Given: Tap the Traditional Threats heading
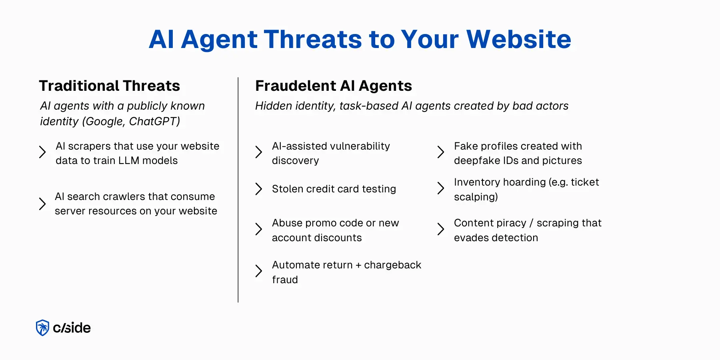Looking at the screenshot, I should [109, 86].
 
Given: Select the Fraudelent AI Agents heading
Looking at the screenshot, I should [333, 86].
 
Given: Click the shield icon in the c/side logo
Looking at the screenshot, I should [42, 328].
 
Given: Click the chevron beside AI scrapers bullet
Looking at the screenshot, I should [42, 152].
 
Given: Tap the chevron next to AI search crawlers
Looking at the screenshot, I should [42, 204].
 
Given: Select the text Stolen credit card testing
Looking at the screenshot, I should [334, 189].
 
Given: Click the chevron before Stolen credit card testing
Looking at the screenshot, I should [259, 189].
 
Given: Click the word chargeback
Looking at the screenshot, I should [392, 265].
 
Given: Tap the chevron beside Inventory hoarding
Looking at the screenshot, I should [441, 188].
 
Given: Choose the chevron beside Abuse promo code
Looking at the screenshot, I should [259, 229].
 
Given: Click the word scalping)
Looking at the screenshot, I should [476, 197].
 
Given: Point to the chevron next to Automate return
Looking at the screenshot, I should [259, 271].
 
